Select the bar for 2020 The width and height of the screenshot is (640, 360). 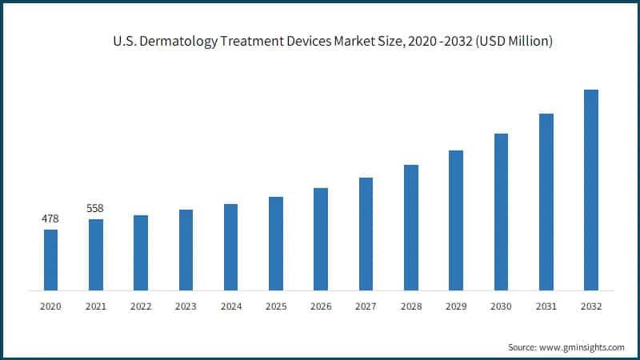point(50,259)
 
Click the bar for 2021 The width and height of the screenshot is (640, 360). point(95,254)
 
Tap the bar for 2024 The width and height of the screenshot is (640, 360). point(230,246)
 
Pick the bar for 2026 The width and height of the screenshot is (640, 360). point(321,238)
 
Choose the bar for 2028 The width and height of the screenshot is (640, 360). point(411,226)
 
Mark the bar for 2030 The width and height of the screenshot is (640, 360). point(501,211)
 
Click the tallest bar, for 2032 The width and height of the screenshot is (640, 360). point(591,189)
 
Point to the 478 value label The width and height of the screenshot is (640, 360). point(50,218)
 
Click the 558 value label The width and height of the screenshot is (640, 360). point(95,208)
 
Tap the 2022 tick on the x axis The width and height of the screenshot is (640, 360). point(141,306)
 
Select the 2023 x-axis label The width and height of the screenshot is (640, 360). point(186,306)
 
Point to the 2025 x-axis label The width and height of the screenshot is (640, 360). point(276,306)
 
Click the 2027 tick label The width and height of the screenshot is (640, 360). point(366,306)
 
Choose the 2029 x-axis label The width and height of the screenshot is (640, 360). point(456,306)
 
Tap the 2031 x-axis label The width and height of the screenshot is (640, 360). point(546,306)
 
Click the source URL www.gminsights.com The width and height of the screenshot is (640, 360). point(582,347)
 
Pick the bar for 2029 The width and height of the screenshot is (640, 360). point(456,219)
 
